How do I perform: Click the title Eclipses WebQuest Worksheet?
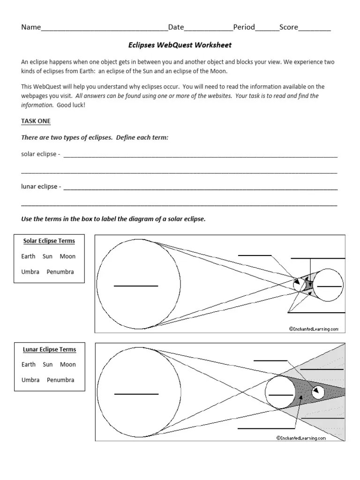(180, 45)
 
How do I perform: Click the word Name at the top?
(31, 27)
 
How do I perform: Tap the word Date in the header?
(176, 27)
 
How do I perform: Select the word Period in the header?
(244, 27)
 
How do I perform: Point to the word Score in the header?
(289, 27)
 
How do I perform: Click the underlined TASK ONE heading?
(36, 121)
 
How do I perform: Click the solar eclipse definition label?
(40, 154)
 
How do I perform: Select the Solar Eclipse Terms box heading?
(49, 241)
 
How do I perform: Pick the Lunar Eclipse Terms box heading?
(49, 349)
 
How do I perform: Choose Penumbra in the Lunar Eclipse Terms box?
(60, 380)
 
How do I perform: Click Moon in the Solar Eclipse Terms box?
(67, 256)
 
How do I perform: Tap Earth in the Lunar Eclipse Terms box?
(29, 364)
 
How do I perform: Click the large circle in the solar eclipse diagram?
(139, 284)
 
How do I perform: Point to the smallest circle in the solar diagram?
(297, 284)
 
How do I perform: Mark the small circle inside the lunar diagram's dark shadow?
(317, 391)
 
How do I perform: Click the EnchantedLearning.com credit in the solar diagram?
(314, 329)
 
